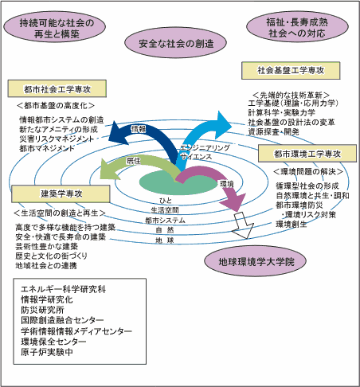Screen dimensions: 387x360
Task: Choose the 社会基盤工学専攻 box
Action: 284,70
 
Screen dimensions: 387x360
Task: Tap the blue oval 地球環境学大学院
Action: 256,260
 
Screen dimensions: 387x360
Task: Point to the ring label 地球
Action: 165,240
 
